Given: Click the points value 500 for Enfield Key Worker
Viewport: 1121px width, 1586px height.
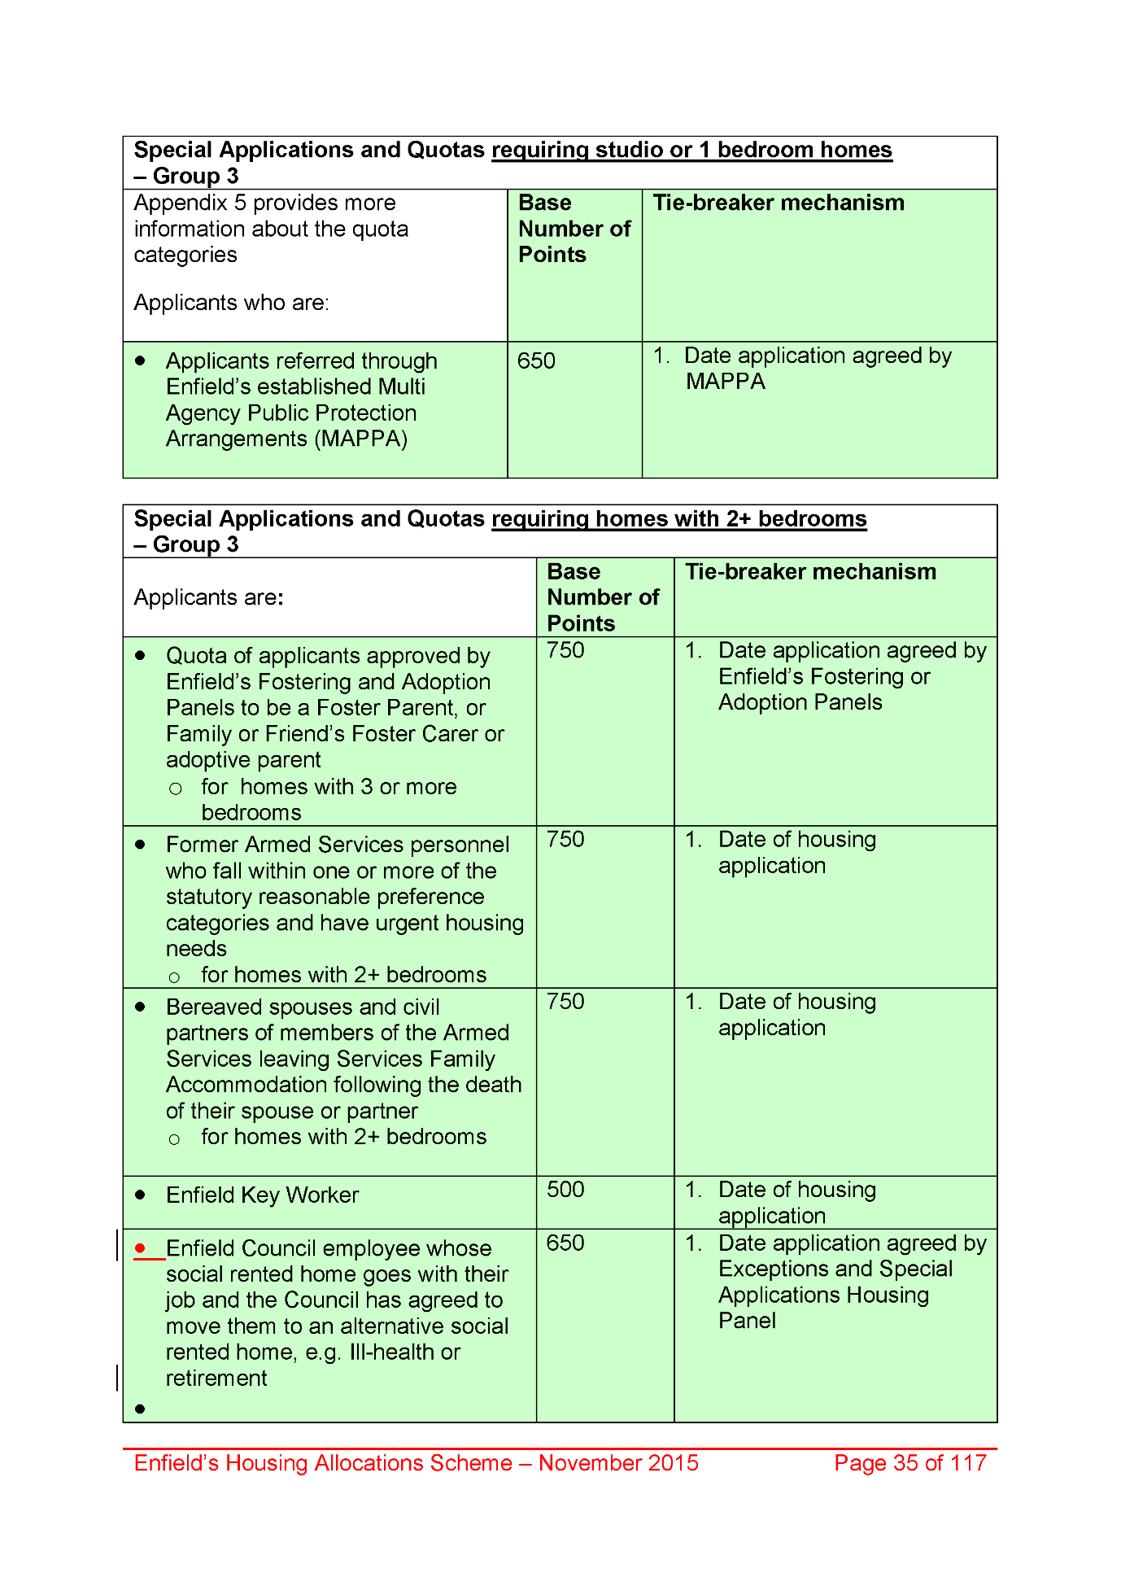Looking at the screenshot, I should point(565,1190).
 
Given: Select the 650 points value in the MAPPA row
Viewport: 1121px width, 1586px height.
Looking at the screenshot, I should point(536,360).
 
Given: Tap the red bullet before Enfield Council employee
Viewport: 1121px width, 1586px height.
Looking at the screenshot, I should point(140,1247).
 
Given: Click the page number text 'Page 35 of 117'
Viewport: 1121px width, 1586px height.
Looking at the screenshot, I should point(909,1463).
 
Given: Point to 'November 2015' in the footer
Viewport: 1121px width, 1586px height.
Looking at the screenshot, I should point(618,1463).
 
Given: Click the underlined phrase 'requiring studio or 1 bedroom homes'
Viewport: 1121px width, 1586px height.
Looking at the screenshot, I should point(691,150).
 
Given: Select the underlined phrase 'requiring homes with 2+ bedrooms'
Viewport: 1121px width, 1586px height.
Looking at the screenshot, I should point(679,519).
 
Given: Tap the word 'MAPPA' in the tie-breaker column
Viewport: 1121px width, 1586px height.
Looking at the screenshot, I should point(725,382).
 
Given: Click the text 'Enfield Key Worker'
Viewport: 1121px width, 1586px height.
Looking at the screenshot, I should point(262,1195).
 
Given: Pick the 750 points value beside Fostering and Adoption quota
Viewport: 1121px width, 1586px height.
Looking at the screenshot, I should point(565,650).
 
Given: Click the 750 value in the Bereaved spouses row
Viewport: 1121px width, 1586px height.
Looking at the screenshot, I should point(565,1002).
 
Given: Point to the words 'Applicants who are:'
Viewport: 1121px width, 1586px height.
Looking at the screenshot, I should point(231,303).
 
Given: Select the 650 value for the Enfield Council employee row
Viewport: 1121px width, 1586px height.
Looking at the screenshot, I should point(565,1243).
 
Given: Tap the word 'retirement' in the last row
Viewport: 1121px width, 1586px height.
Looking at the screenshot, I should point(216,1378).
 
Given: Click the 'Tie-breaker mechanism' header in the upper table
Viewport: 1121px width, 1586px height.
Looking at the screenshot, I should point(779,203).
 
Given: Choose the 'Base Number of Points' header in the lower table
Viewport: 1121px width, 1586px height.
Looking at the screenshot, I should point(603,597).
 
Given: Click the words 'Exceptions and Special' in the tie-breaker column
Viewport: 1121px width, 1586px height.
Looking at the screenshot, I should point(835,1269).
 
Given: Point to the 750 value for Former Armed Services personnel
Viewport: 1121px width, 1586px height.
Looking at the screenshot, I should point(565,839).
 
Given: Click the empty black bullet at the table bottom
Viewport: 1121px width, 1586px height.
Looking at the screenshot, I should point(140,1409).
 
